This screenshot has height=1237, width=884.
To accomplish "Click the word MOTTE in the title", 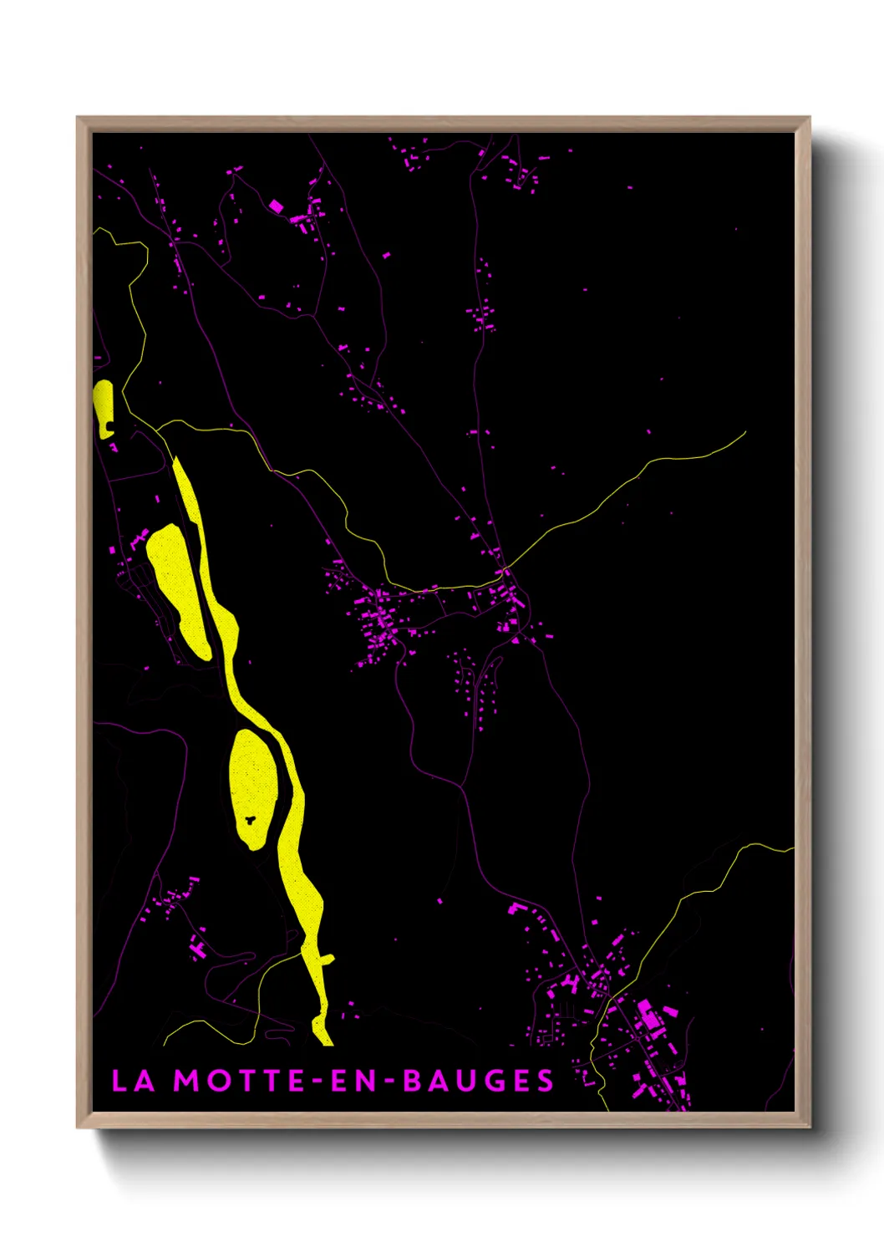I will tap(239, 1081).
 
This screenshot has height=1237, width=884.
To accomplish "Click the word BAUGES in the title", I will tap(479, 1081).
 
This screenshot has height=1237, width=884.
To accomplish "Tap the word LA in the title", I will tap(134, 1081).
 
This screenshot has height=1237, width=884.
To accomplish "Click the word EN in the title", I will tap(354, 1081).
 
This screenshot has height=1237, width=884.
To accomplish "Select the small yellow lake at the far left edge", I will tap(104, 407).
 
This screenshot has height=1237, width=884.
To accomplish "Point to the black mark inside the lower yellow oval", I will tap(250, 818).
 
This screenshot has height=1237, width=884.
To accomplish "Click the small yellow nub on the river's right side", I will tap(328, 959).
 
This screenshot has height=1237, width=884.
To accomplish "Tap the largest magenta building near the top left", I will tap(276, 206).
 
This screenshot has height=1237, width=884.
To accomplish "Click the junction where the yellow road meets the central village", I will tap(505, 572).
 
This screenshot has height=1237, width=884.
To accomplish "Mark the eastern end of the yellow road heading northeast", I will tap(744, 433).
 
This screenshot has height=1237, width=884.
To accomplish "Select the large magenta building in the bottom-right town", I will tap(648, 1015).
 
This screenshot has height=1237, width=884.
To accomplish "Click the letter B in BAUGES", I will tap(413, 1081).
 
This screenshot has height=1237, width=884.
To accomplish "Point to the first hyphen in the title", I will tap(318, 1082).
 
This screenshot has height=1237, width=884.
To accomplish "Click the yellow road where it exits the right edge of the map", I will tap(791, 849).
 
